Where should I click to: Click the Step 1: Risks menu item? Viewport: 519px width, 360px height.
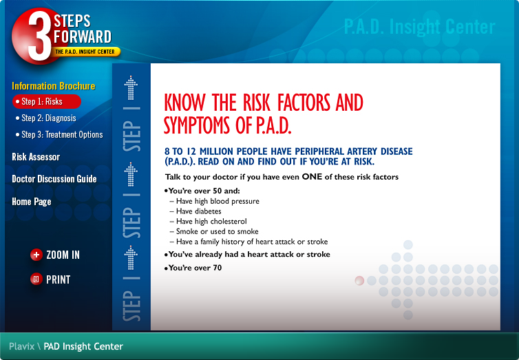pos(47,102)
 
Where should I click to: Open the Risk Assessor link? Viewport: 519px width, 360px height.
pos(36,157)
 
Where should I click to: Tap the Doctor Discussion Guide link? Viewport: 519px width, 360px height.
pos(54,179)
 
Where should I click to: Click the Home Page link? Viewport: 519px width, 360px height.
pos(32,202)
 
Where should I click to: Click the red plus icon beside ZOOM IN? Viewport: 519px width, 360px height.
pos(36,255)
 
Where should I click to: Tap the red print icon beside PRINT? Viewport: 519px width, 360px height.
pos(36,279)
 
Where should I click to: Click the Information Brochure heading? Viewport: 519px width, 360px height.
pos(54,86)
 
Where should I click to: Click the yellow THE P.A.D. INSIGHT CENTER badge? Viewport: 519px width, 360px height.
pos(85,52)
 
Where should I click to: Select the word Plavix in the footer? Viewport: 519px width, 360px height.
pos(22,346)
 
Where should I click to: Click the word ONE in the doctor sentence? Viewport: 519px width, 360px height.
pos(312,177)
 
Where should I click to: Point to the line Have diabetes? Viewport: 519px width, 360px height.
pos(199,211)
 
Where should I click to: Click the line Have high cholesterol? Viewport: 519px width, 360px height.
pos(211,222)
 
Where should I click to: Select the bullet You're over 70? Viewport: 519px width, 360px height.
pos(193,268)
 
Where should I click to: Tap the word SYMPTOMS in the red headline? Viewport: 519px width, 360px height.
pos(197,126)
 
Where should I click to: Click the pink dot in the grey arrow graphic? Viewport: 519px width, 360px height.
pos(359,281)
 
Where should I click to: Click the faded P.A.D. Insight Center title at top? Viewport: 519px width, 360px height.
pos(420,26)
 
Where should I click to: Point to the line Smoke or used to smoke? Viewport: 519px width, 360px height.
pos(217,231)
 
